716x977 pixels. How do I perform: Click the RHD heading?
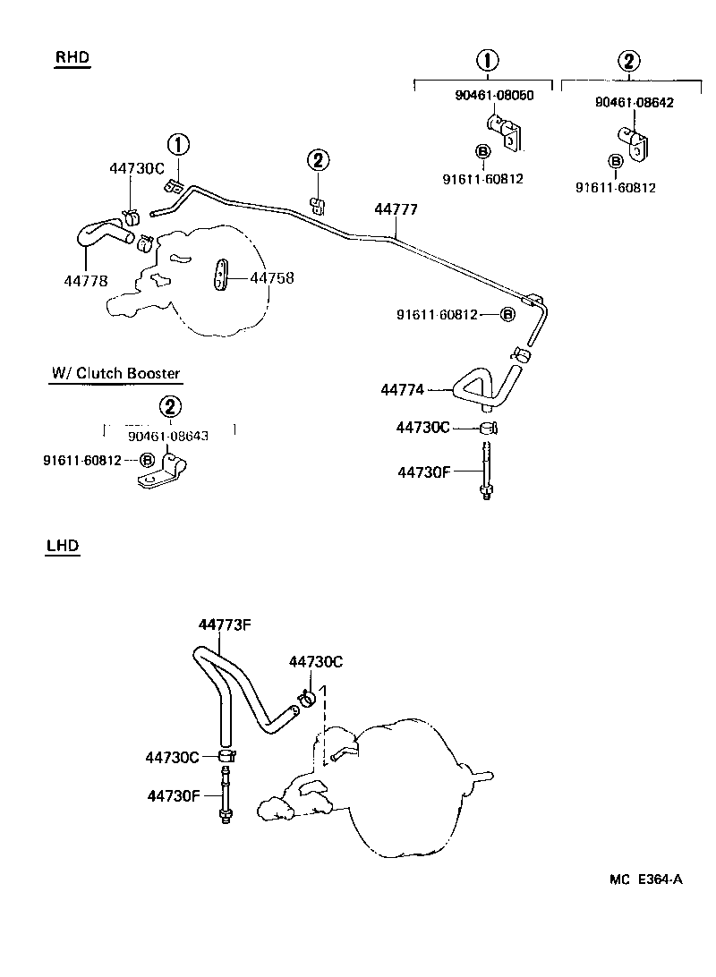click(x=72, y=58)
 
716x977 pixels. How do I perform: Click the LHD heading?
click(x=63, y=545)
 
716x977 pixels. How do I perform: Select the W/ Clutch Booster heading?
click(x=115, y=373)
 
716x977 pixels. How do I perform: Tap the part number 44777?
click(x=396, y=209)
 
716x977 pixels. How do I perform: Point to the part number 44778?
click(x=86, y=280)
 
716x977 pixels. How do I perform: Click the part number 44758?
click(x=272, y=278)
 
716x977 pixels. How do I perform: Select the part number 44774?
click(x=402, y=390)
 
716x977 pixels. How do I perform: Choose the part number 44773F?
click(x=224, y=624)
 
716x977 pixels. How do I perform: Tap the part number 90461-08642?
click(x=634, y=102)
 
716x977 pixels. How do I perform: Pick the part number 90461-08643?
click(x=168, y=437)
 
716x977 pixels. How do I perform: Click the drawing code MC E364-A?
click(x=646, y=879)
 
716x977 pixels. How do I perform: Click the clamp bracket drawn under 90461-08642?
click(x=633, y=141)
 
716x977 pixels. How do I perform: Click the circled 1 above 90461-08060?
click(x=487, y=61)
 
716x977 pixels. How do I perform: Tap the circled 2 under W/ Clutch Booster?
click(x=169, y=407)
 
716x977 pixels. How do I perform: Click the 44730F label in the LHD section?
click(x=173, y=794)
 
